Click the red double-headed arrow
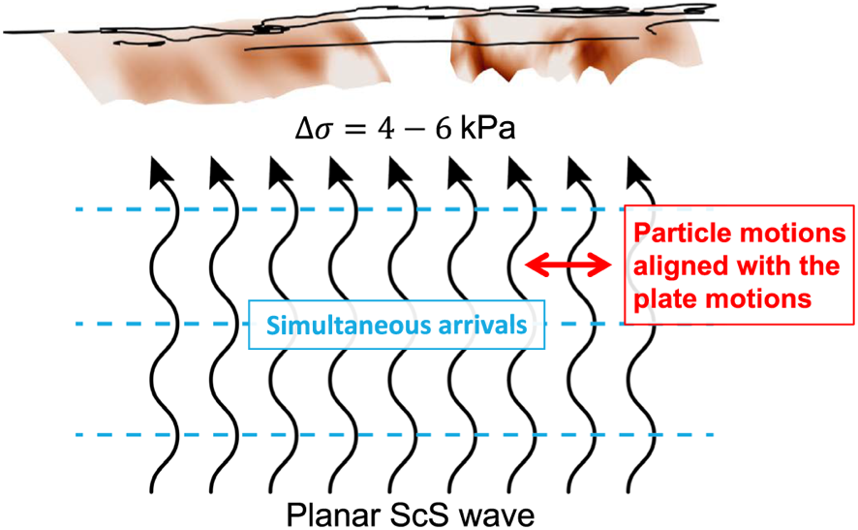coord(568,265)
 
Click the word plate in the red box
coord(662,299)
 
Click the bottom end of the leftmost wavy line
coord(152,491)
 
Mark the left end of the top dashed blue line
coord(77,209)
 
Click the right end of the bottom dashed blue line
coord(713,435)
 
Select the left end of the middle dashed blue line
coord(77,324)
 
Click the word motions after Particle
coord(783,233)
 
